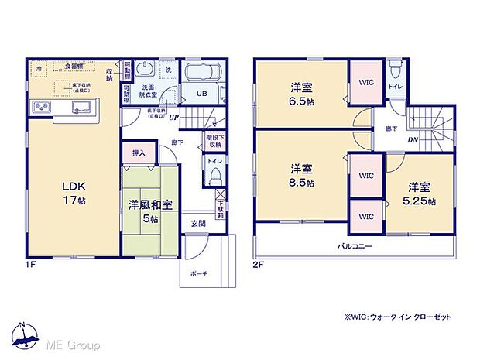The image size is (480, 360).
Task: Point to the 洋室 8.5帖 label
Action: [x=302, y=176]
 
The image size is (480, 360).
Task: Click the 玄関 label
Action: [x=198, y=223]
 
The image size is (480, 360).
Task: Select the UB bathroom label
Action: [x=201, y=94]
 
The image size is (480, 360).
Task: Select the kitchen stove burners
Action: [x=40, y=107]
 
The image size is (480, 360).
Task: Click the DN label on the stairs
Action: [x=413, y=141]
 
